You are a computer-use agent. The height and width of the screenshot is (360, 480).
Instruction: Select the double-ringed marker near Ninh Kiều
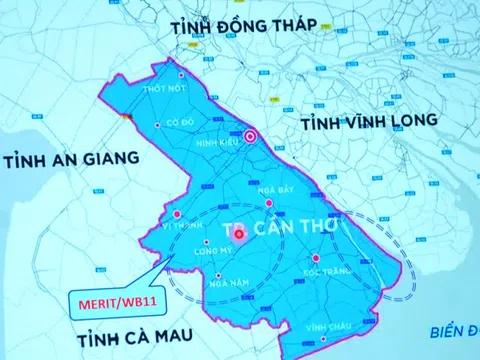(x=252, y=137)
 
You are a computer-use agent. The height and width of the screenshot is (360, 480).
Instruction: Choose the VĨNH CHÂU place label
(x=325, y=327)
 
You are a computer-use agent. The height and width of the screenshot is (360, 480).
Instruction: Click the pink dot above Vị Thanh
(x=176, y=213)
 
